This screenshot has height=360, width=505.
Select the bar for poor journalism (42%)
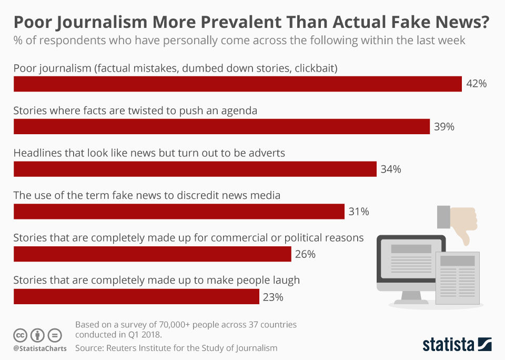[237, 84]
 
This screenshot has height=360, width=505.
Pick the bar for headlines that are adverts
[195, 169]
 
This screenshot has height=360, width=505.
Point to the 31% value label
[359, 212]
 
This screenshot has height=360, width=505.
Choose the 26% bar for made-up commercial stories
[152, 254]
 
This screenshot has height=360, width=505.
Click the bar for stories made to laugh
[136, 297]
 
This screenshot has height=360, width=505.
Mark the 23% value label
[273, 297]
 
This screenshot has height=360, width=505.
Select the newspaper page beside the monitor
[458, 278]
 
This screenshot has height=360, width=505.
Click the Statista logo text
[448, 345]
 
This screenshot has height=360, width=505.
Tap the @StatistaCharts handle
[40, 348]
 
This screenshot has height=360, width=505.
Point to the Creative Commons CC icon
[21, 335]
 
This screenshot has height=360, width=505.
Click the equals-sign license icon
[55, 335]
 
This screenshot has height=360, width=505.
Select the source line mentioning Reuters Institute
[176, 348]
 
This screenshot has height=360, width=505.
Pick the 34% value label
[391, 169]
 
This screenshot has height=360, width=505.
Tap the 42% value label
[477, 84]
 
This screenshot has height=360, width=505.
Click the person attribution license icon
[37, 335]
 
